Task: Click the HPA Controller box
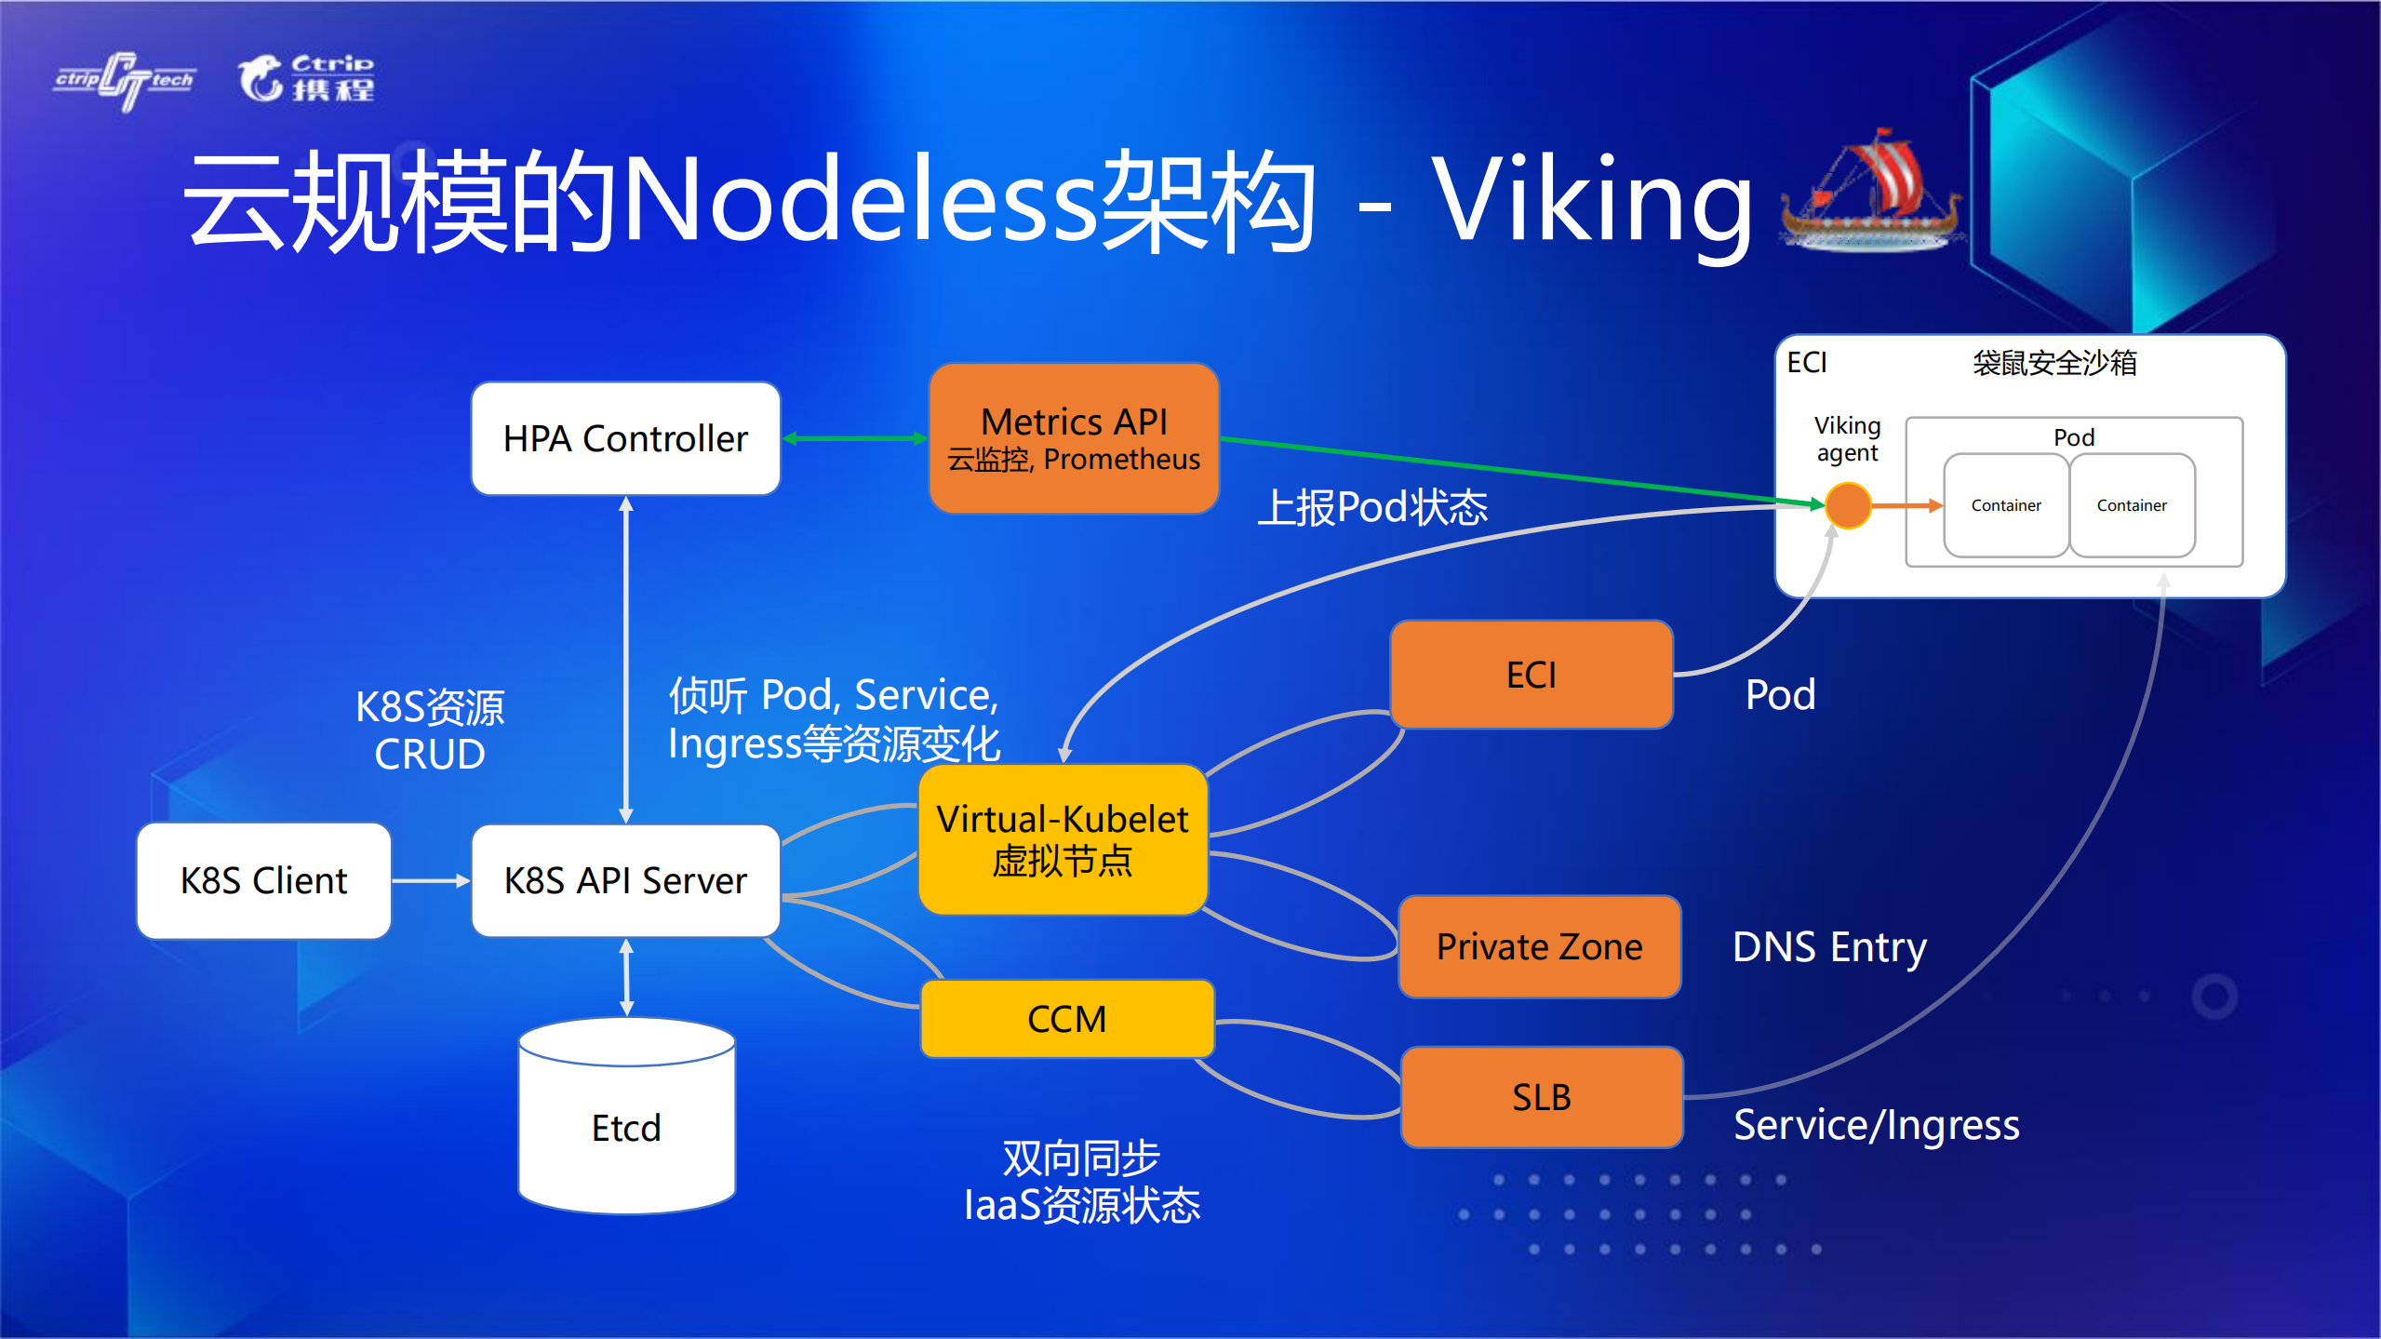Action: tap(625, 438)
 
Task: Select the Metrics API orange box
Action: tap(1074, 438)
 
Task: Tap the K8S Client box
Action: tap(263, 880)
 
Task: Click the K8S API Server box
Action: tap(625, 880)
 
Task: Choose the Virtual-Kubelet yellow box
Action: tap(1063, 839)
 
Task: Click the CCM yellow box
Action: tap(1066, 1019)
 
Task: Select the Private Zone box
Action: tap(1539, 946)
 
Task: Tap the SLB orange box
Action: tap(1541, 1097)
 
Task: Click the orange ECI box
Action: tap(1531, 675)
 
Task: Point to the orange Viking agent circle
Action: tap(1848, 505)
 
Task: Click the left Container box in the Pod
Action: tap(2005, 505)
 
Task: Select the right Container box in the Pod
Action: tap(2132, 505)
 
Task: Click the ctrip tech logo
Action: tap(125, 80)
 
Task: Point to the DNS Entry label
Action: tap(1829, 947)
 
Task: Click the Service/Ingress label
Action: tap(1876, 1125)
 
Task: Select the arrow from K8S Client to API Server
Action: tap(431, 880)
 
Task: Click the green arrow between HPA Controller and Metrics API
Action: tap(854, 438)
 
